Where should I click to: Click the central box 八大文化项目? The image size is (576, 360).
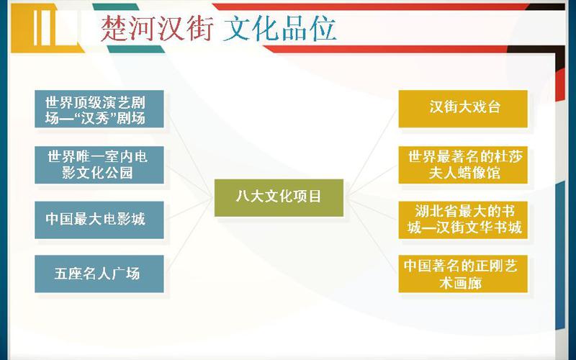point(279,197)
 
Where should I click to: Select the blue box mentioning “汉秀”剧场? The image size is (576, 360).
point(99,109)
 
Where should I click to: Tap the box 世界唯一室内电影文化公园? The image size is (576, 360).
point(99,165)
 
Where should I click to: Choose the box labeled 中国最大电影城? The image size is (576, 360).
point(99,220)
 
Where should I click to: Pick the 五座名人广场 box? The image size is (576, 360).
point(99,274)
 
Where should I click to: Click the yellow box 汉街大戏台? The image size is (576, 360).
point(463,109)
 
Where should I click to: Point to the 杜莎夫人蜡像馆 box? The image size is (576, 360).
point(463,165)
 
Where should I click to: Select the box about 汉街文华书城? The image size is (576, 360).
point(463,220)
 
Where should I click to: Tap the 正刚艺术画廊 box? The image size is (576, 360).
point(463,274)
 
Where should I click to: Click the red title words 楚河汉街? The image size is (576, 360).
point(157,28)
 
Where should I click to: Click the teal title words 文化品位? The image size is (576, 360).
point(279,28)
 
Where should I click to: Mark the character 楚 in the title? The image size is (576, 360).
point(114,28)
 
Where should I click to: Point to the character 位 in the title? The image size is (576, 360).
point(323,28)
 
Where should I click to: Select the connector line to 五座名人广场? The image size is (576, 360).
point(189,235)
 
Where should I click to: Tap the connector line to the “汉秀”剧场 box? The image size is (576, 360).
point(189,154)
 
